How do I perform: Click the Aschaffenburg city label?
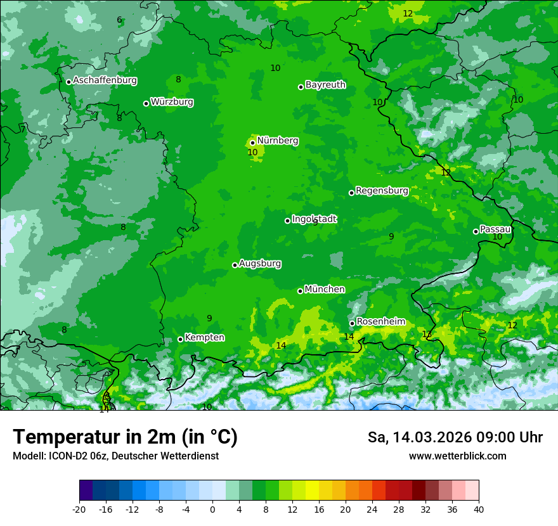[105, 80]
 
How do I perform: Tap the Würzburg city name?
[172, 102]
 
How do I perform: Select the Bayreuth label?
[325, 85]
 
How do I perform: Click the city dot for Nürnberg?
[252, 143]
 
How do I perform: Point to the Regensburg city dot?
[351, 193]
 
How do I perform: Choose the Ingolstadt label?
[314, 219]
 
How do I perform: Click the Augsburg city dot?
[235, 265]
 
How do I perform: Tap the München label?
[325, 290]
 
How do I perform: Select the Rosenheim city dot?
[352, 323]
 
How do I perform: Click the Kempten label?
[204, 338]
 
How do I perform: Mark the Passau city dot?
[476, 231]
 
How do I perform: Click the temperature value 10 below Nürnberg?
[252, 153]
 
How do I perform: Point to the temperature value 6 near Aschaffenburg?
[119, 20]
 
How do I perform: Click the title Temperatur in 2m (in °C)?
[125, 437]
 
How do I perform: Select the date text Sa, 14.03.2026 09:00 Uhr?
[455, 437]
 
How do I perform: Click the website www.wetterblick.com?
[457, 456]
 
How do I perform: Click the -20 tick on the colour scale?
[79, 510]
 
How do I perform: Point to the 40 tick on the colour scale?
[479, 510]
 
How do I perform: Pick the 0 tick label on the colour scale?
[212, 510]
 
